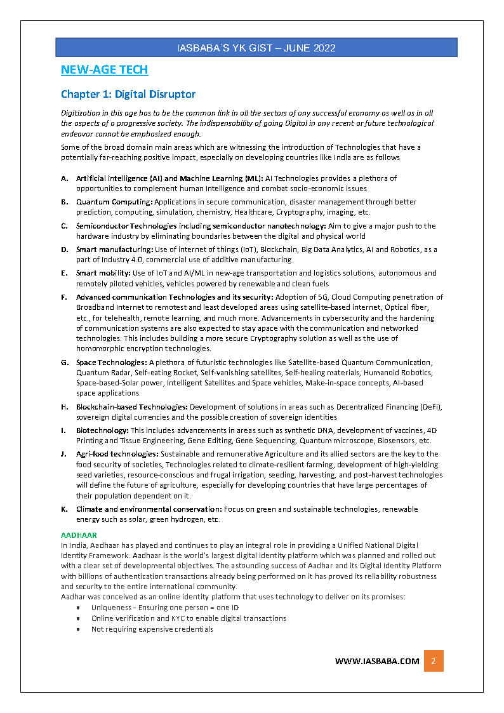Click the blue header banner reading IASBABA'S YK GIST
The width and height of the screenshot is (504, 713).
[256, 48]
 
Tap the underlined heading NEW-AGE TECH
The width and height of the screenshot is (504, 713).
[104, 70]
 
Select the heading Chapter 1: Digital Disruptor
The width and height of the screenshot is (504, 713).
[128, 94]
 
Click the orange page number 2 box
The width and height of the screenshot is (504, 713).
[433, 661]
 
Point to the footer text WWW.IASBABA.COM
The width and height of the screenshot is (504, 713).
[377, 661]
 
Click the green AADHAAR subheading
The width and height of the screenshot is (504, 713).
[79, 535]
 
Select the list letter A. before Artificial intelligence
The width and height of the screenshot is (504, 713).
[65, 178]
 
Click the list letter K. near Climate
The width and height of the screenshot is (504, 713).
[65, 509]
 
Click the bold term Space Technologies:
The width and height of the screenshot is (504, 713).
[111, 363]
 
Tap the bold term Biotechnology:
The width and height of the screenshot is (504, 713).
[102, 430]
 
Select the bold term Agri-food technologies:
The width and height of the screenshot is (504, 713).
[117, 454]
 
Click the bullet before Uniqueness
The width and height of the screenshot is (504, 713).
[77, 608]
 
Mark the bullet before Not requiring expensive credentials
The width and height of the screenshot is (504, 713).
[77, 629]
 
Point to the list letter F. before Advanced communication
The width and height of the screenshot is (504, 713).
[65, 297]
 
